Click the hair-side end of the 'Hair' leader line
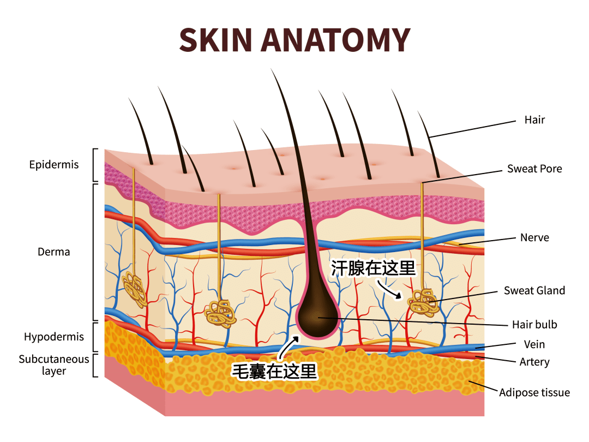pos(429,137)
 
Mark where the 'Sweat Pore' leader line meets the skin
pos(422,183)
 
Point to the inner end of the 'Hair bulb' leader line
pos(318,318)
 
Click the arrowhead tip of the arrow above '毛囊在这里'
pos(299,336)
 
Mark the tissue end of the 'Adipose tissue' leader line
pos(469,381)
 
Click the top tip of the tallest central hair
pos(271,68)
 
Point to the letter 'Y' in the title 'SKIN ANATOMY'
pos(400,40)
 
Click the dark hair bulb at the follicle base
pos(318,312)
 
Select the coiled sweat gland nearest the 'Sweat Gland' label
pos(423,302)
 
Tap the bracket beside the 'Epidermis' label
pos(95,165)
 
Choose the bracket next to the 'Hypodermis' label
pos(95,337)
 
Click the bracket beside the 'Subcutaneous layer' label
pos(95,365)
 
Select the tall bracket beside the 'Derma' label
pos(95,252)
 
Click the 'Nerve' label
pos(534,237)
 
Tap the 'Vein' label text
pos(534,344)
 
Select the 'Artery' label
pos(534,362)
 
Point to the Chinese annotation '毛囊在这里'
pos(274,372)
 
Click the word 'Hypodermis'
pos(53,337)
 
